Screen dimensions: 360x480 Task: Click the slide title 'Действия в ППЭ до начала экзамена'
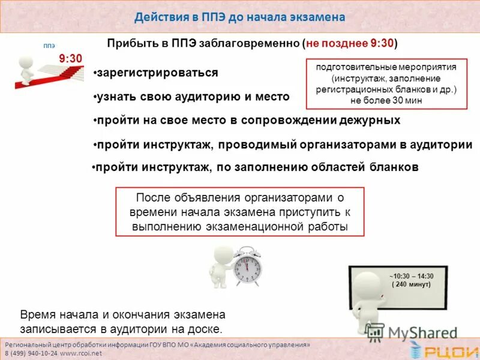[240, 17]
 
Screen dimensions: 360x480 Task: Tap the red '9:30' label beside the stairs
[70, 58]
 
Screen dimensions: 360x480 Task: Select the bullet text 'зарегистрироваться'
[157, 73]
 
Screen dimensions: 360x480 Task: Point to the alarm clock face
[247, 267]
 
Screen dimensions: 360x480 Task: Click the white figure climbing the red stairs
[28, 68]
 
